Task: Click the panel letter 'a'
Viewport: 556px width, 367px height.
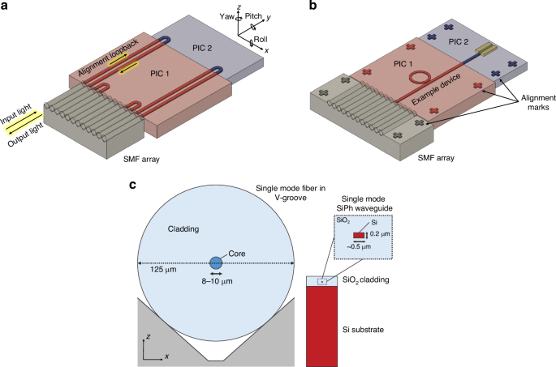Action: (6, 6)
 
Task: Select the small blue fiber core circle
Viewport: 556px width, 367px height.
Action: (216, 263)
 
